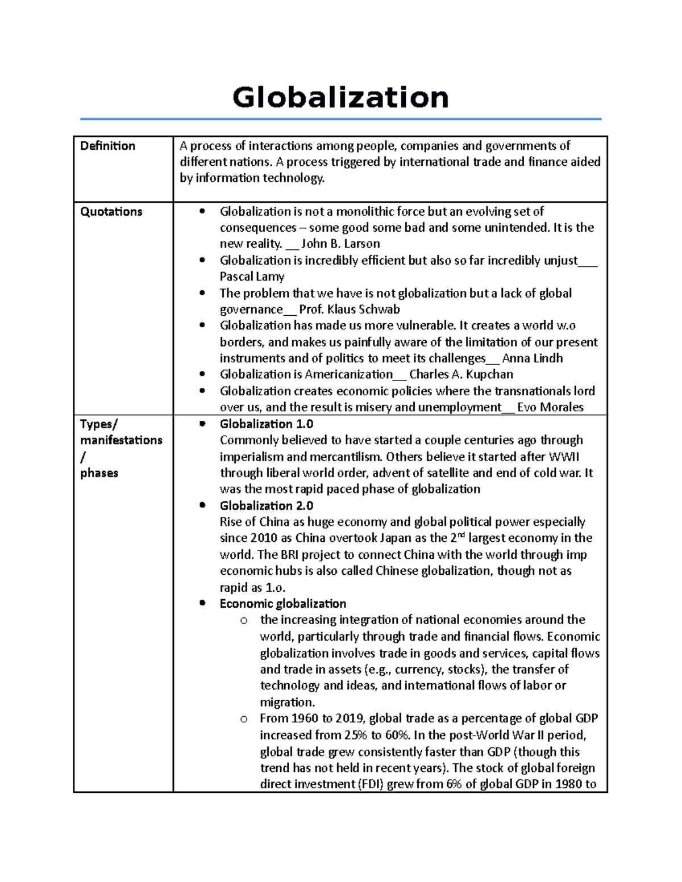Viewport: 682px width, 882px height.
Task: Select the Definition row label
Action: tap(107, 146)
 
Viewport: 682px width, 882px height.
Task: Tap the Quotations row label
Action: tap(111, 212)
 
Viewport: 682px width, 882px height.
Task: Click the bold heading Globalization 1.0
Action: tap(267, 424)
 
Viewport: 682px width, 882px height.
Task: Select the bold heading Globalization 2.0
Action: tap(267, 505)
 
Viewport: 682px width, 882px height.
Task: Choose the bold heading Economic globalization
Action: tap(283, 604)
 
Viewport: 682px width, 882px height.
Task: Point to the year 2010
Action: tap(260, 538)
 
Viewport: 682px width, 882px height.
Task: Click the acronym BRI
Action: tap(290, 555)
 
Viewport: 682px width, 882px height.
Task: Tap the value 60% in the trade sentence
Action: tap(397, 735)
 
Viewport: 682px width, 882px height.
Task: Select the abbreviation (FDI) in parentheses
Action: tap(375, 784)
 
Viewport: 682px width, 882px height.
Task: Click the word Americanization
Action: tap(348, 374)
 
